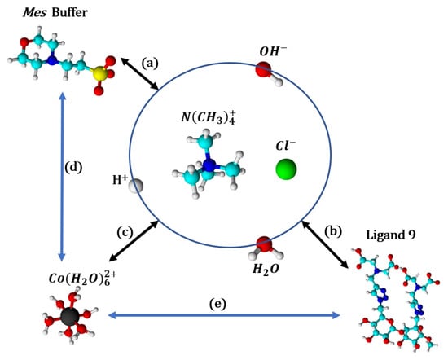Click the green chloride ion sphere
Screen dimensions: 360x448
tap(285, 169)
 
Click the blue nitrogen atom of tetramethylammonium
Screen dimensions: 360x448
tap(210, 166)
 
